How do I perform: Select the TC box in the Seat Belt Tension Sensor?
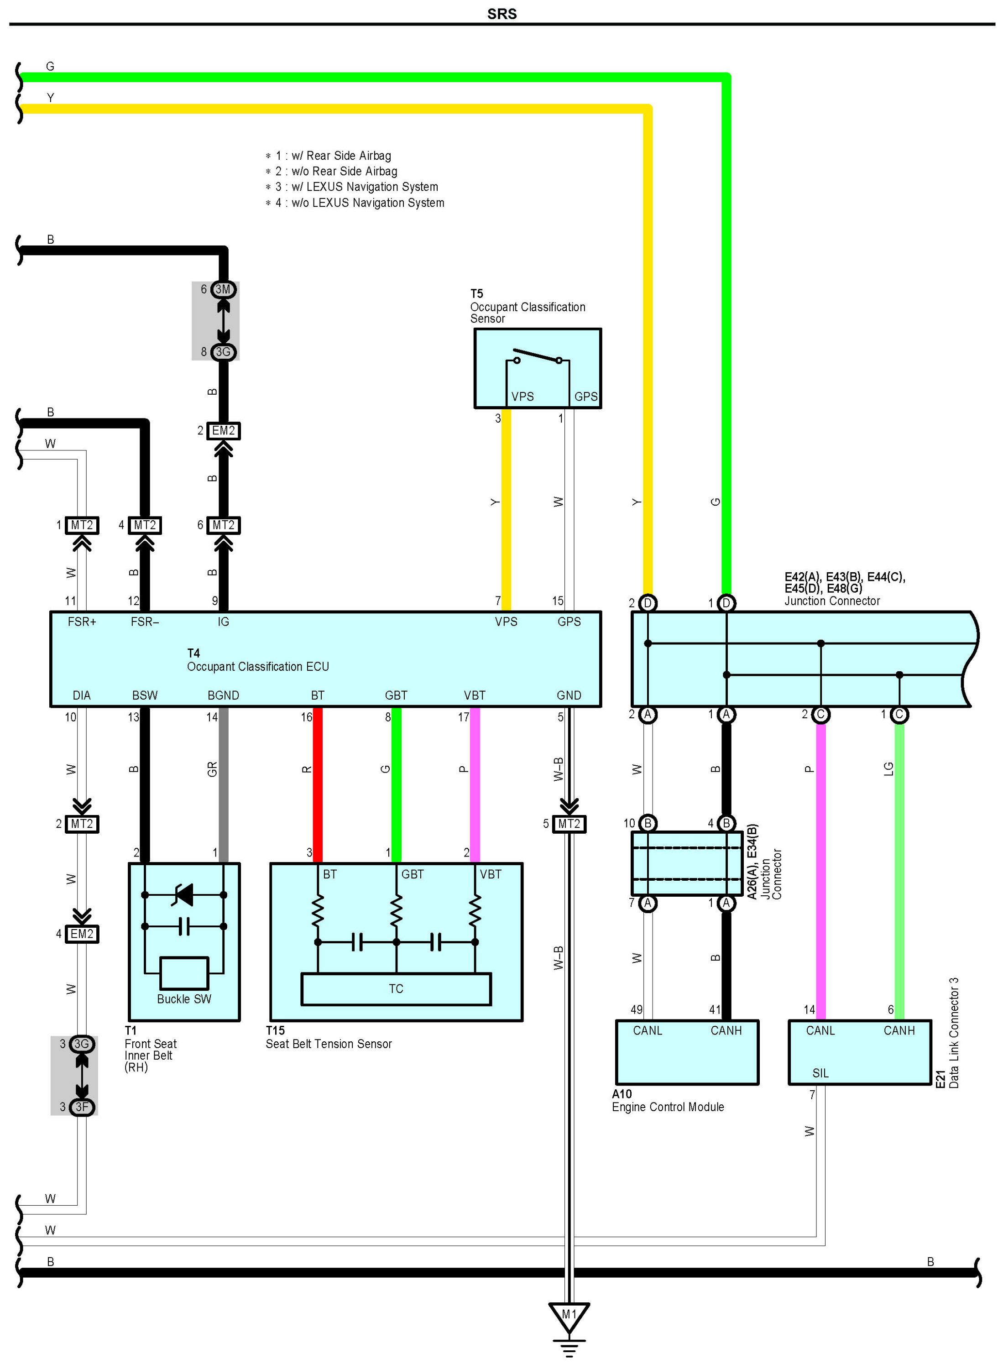(396, 989)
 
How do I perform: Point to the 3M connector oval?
(224, 290)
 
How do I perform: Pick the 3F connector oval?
(82, 1107)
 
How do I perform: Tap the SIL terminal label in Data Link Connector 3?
(820, 1073)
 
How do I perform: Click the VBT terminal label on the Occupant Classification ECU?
(475, 695)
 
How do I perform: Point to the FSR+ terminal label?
(82, 622)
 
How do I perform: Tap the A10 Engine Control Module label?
(668, 1101)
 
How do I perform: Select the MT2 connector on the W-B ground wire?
(569, 824)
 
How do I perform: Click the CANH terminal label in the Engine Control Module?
(726, 1031)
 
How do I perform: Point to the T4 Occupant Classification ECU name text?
(257, 660)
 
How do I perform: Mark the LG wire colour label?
(888, 769)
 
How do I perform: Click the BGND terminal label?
(224, 695)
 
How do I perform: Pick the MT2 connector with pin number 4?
(145, 525)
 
